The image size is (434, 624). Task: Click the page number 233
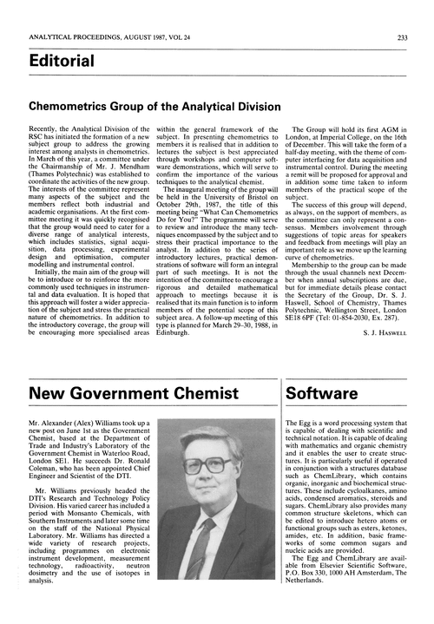pyautogui.click(x=416, y=12)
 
